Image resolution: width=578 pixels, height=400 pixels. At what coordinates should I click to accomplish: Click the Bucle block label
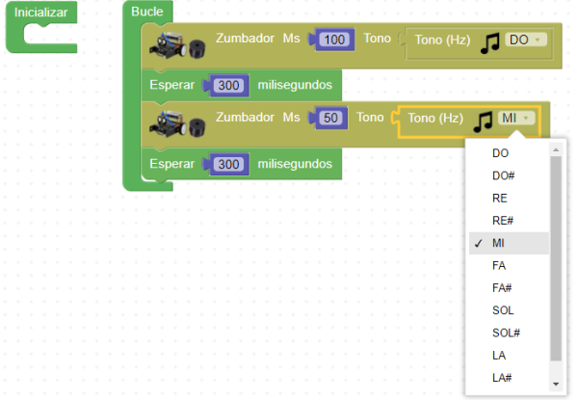click(147, 12)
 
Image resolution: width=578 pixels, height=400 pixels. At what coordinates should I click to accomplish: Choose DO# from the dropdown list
click(504, 175)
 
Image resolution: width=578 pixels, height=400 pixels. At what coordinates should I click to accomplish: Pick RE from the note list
click(500, 198)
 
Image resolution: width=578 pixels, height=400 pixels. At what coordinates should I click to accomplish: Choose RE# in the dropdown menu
click(504, 220)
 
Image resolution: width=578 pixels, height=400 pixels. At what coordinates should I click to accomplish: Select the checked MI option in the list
click(499, 242)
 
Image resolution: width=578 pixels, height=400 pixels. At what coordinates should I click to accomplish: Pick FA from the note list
click(499, 265)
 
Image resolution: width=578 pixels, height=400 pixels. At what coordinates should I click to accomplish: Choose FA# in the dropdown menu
click(503, 287)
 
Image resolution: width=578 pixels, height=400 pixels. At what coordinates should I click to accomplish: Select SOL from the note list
click(502, 310)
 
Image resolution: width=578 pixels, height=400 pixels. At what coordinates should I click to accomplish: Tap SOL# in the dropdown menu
click(506, 333)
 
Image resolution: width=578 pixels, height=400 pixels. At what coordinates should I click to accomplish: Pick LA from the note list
click(499, 356)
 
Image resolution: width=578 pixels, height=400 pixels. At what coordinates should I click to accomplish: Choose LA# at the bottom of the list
click(503, 378)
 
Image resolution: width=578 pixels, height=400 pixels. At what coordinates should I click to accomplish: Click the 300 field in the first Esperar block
click(229, 85)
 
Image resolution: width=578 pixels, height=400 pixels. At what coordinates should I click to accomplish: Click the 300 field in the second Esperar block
click(229, 164)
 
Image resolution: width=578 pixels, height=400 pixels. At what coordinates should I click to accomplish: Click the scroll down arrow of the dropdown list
click(555, 384)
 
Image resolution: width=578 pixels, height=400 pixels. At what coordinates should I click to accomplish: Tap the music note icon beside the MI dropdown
click(484, 120)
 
